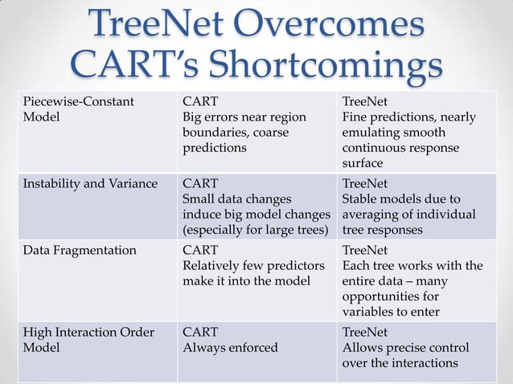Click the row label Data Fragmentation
click(79, 250)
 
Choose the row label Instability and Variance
click(89, 184)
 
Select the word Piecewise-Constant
click(78, 102)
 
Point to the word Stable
click(361, 199)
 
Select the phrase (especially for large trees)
click(256, 230)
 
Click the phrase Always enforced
click(230, 348)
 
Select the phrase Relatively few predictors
click(253, 265)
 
